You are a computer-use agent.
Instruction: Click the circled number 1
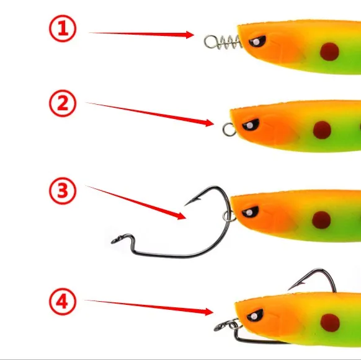click(x=63, y=29)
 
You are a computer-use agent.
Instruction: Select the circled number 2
click(x=63, y=103)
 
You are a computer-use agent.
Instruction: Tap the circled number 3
click(x=63, y=191)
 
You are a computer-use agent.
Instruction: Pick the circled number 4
click(x=63, y=302)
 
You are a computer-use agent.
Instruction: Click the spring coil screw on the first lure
click(x=223, y=42)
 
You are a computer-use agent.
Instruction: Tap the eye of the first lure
click(x=257, y=42)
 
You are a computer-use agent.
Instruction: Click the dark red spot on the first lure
click(x=329, y=51)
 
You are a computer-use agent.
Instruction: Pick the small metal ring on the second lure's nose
click(x=229, y=130)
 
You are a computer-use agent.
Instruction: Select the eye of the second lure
click(x=251, y=125)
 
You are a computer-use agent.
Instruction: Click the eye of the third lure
click(x=250, y=212)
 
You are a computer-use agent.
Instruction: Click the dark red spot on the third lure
click(x=321, y=221)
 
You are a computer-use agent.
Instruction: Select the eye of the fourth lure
click(x=255, y=315)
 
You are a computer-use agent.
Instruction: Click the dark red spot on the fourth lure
click(x=330, y=323)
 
